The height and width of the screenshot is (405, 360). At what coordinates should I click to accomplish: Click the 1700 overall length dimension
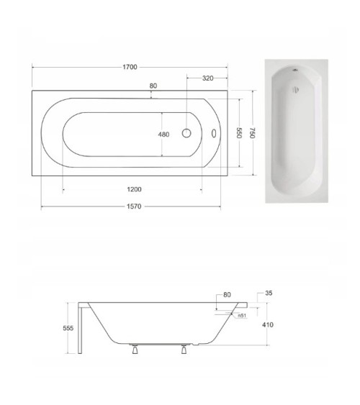point(130,67)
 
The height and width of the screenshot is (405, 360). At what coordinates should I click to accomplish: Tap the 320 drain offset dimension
point(208,78)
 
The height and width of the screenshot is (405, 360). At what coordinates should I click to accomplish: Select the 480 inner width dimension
point(163,135)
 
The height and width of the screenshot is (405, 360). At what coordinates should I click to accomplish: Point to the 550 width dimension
point(239,133)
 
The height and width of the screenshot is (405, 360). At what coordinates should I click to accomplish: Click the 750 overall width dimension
point(253,133)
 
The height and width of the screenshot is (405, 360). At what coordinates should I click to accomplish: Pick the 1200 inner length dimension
point(134,189)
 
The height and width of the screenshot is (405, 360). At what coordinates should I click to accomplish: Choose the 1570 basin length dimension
point(134,206)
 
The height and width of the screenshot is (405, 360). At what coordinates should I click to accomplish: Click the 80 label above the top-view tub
point(153,86)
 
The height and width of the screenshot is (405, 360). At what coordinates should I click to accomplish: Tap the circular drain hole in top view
point(186,133)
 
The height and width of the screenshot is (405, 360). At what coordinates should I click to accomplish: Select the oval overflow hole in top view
point(214,133)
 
